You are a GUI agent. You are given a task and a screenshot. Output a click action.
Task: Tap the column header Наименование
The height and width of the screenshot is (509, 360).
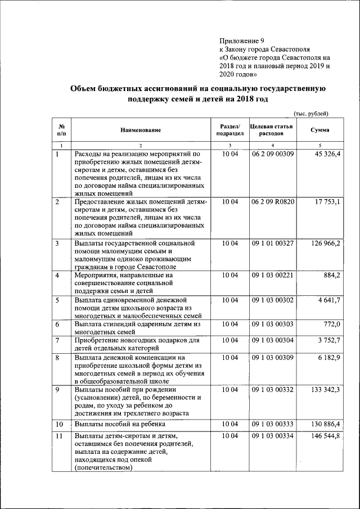pyautogui.click(x=140, y=130)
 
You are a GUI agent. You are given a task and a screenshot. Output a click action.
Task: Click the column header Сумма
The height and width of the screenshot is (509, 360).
pyautogui.click(x=320, y=130)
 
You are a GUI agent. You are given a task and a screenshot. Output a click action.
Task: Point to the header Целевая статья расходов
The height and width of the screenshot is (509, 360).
pyautogui.click(x=272, y=130)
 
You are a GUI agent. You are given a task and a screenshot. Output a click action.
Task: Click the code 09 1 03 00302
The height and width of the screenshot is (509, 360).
pyautogui.click(x=272, y=300)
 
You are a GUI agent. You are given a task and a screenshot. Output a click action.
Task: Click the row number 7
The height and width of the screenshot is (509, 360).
pyautogui.click(x=58, y=340)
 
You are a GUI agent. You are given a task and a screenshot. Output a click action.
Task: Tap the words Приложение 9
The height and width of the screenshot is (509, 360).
pyautogui.click(x=241, y=40)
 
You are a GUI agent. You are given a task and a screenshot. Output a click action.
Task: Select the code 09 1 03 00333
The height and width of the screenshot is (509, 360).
pyautogui.click(x=272, y=424)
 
